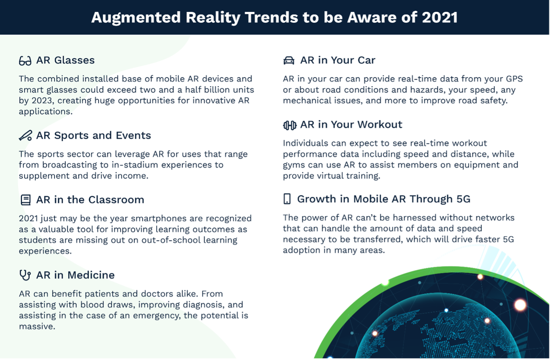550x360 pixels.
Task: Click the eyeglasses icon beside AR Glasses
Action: click(x=25, y=61)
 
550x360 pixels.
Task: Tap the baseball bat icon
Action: click(x=25, y=135)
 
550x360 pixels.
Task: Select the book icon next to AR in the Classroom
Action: click(x=26, y=200)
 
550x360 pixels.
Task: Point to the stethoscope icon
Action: click(x=25, y=275)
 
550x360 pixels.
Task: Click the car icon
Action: click(x=289, y=61)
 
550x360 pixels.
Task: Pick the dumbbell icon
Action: click(x=290, y=125)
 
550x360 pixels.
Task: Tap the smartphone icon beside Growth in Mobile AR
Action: click(x=287, y=199)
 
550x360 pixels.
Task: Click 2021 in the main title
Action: click(x=440, y=17)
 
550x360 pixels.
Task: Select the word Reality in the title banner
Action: click(x=212, y=18)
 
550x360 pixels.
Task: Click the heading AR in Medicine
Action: click(x=75, y=275)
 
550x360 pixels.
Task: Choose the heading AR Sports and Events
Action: click(x=93, y=135)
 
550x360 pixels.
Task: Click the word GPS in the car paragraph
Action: click(x=514, y=79)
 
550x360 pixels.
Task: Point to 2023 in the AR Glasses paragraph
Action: click(x=42, y=100)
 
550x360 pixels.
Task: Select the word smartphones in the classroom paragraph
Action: click(x=168, y=219)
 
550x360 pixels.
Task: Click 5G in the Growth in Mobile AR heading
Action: click(x=463, y=199)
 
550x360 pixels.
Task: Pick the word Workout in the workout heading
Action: click(x=379, y=125)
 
